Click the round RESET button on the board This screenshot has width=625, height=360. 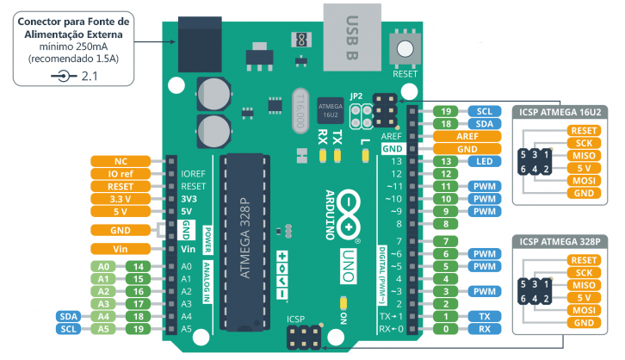pyautogui.click(x=405, y=49)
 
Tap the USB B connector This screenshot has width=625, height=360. pyautogui.click(x=352, y=37)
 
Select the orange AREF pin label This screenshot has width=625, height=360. pyautogui.click(x=467, y=136)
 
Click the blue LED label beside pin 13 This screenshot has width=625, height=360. pyautogui.click(x=485, y=161)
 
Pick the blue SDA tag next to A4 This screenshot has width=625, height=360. pyautogui.click(x=69, y=317)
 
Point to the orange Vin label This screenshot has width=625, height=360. pyautogui.click(x=121, y=249)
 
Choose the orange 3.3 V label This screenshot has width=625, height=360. pyautogui.click(x=121, y=199)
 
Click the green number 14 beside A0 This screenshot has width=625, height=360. pyautogui.click(x=138, y=267)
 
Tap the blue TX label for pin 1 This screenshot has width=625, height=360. pyautogui.click(x=485, y=317)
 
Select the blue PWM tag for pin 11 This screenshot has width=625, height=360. pyautogui.click(x=485, y=187)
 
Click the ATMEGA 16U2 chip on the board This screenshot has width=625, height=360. pyautogui.click(x=331, y=110)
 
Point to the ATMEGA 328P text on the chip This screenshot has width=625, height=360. pyautogui.click(x=244, y=238)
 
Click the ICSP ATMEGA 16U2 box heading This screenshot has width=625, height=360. pyautogui.click(x=560, y=113)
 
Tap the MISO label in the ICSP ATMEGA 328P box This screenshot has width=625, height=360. pyautogui.click(x=584, y=285)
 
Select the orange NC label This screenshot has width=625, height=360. pyautogui.click(x=121, y=161)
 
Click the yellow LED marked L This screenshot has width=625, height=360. pyautogui.click(x=365, y=156)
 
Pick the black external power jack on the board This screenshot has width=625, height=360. pyautogui.click(x=200, y=44)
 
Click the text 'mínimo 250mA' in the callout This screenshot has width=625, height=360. pyautogui.click(x=73, y=47)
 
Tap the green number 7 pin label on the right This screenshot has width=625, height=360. pyautogui.click(x=445, y=242)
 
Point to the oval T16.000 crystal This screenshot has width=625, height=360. pyautogui.click(x=300, y=111)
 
